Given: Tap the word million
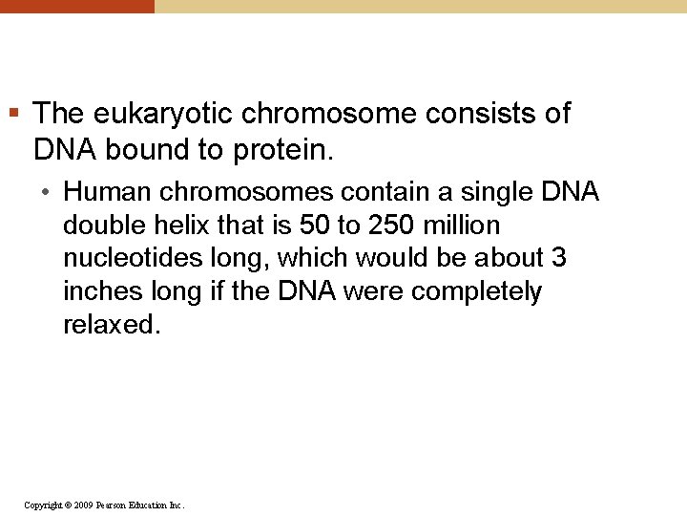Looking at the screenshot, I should pos(458,226).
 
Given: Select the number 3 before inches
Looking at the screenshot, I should pos(561,258).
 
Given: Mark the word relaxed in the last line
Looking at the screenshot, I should pos(110,325).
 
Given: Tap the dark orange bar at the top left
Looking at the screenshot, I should pos(76,6).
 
